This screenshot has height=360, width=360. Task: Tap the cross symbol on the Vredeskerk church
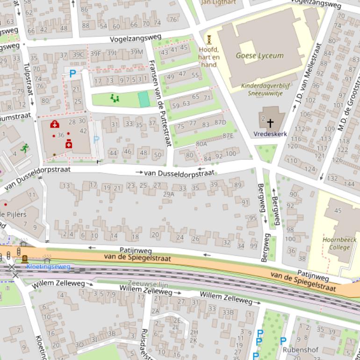[270, 123]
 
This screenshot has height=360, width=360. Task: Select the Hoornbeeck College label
[339, 244]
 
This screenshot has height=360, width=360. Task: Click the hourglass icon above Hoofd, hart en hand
[209, 40]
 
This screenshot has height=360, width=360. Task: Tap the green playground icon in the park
[115, 98]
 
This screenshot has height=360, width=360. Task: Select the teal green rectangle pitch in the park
[144, 99]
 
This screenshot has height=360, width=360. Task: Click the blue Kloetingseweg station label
[48, 266]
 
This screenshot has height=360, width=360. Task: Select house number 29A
[168, 194]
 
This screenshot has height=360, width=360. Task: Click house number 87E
[228, 136]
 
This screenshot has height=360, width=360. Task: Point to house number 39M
[137, 52]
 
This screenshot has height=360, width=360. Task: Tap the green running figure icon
[25, 148]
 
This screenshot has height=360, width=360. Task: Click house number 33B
[228, 312]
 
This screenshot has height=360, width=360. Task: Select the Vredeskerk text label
[270, 134]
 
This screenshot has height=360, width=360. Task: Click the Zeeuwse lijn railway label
[148, 284]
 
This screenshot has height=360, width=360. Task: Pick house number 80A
[201, 144]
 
